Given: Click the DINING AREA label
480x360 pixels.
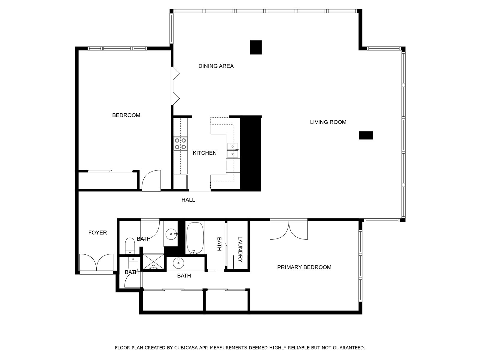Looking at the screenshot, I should [216, 66].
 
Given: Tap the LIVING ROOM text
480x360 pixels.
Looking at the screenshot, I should [328, 122].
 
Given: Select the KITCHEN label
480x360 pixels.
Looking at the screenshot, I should [204, 153].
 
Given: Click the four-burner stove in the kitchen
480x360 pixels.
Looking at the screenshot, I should [181, 144].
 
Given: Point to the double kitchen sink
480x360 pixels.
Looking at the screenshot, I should [232, 150].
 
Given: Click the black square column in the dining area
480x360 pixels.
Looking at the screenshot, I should [256, 47].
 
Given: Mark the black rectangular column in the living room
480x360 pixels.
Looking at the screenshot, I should [366, 135].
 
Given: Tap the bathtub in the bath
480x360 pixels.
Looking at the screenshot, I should [195, 238].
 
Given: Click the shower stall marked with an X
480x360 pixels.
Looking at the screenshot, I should [154, 262].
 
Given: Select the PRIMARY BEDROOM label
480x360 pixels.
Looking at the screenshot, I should [304, 267].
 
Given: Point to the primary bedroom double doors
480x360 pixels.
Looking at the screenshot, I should [289, 230].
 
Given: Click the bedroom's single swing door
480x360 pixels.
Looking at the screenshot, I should [151, 181].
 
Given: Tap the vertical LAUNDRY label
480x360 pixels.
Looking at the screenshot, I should [240, 249].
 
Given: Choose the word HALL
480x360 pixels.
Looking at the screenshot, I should [188, 200].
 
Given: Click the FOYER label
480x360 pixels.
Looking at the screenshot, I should [97, 232].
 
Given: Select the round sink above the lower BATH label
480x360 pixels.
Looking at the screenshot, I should [178, 263].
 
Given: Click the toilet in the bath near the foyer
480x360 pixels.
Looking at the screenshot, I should [130, 244].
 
